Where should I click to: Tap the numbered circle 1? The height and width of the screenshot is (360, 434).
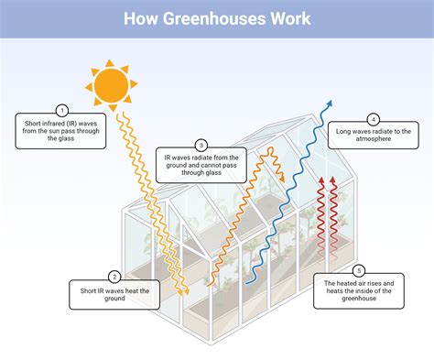(x=63, y=109)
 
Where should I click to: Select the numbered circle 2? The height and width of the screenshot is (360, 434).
(x=114, y=277)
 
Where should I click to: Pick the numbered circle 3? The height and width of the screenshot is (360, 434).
(x=201, y=144)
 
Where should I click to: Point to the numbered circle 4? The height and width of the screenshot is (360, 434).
(x=374, y=119)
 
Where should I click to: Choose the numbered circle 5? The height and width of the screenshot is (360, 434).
(x=358, y=270)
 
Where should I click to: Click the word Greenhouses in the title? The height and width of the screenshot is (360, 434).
(x=217, y=18)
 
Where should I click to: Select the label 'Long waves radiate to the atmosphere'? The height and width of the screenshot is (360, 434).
(x=374, y=136)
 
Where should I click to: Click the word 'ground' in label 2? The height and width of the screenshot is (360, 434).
(x=114, y=300)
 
